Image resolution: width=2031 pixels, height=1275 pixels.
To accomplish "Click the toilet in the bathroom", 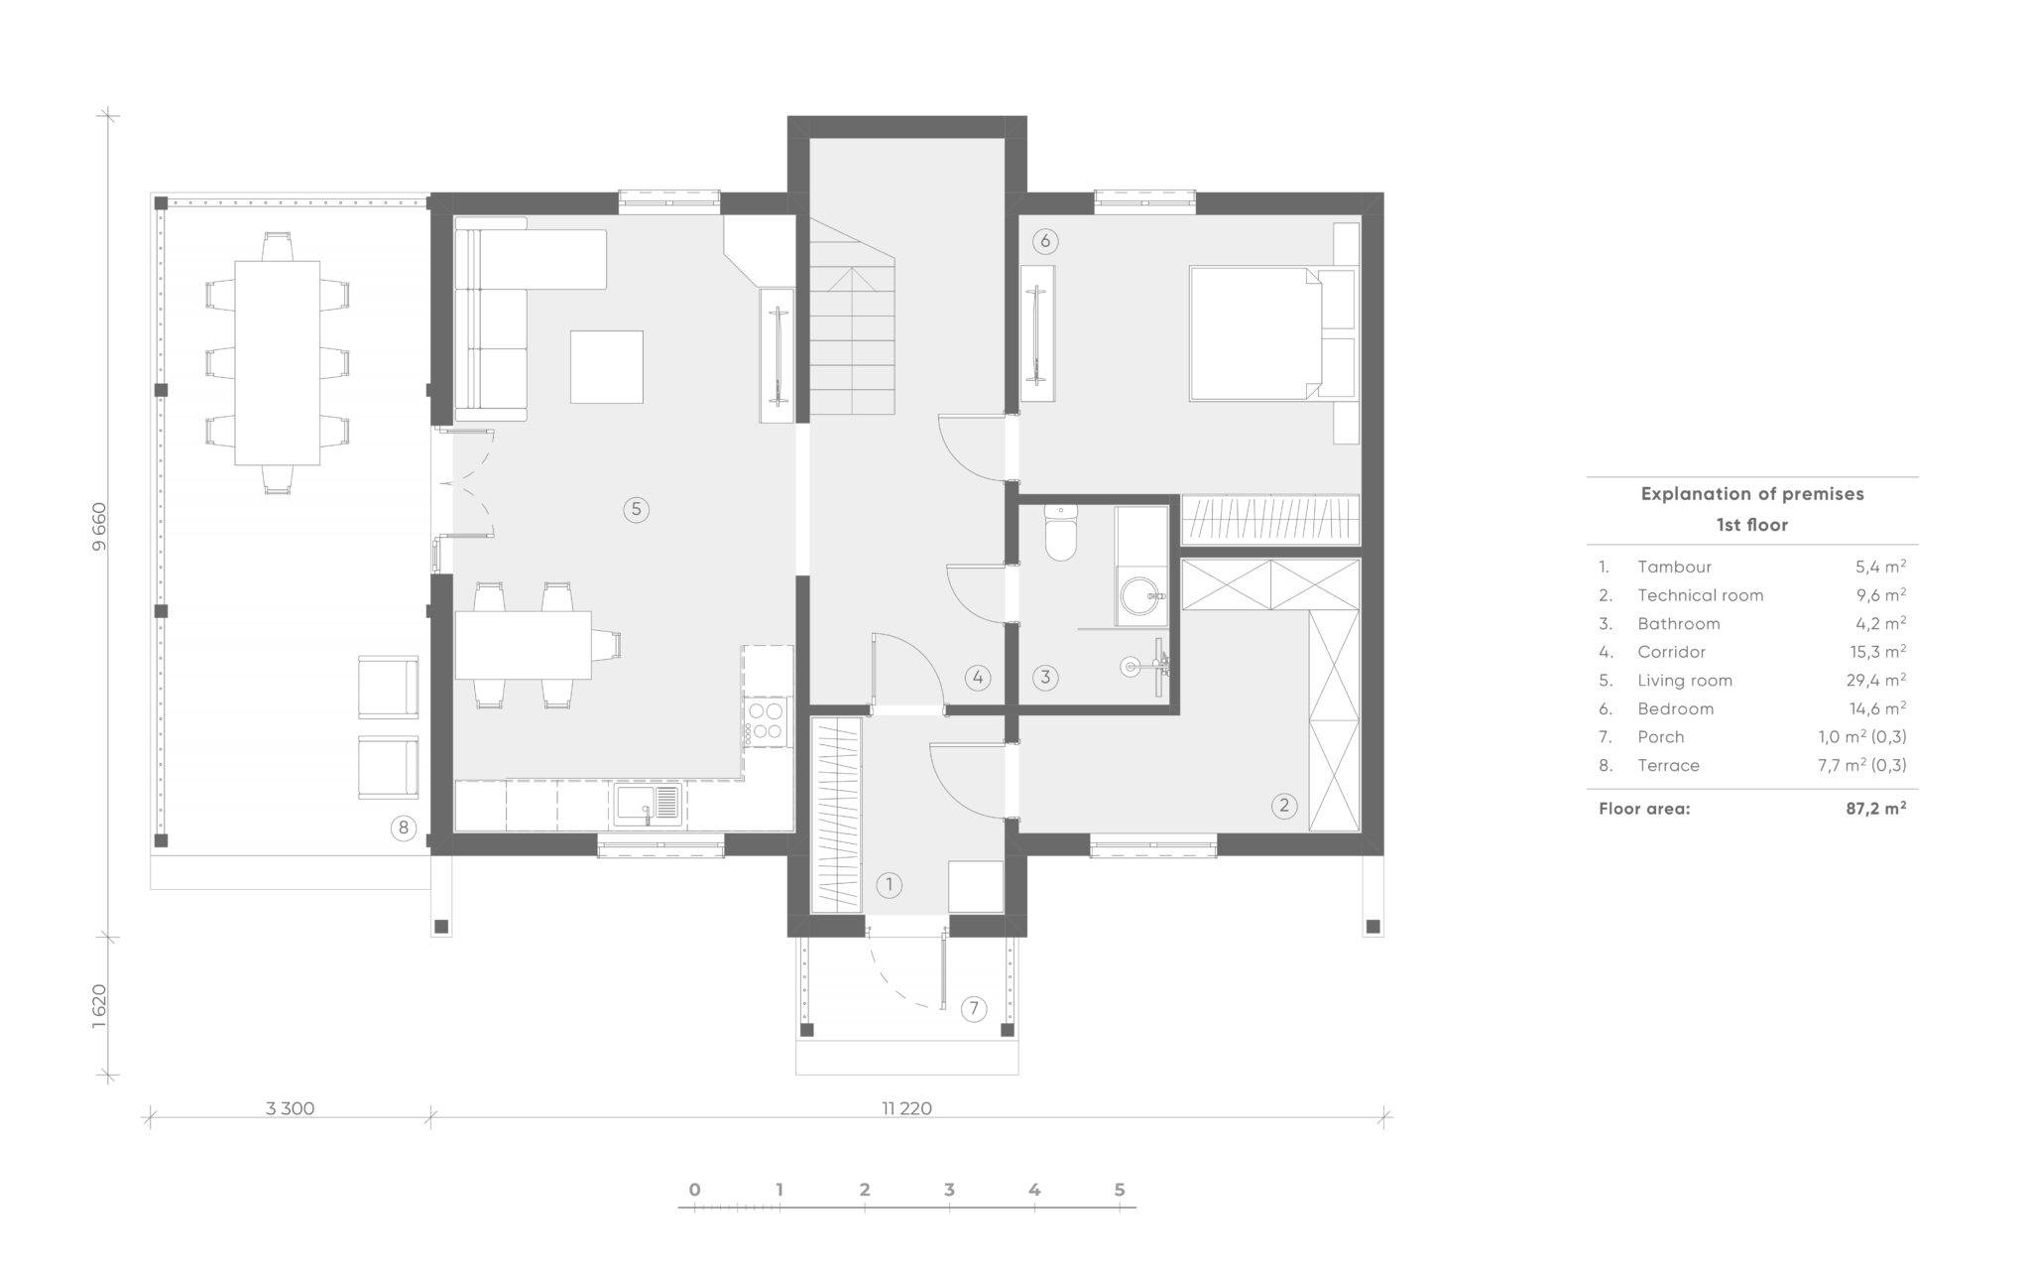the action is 1061,532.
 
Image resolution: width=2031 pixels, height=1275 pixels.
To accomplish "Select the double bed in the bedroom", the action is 1256,333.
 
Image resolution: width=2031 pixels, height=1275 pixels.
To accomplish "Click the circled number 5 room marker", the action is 636,510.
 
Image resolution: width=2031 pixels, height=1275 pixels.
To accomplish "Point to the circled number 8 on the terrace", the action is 403,828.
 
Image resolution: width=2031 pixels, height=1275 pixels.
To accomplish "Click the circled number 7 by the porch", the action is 974,1009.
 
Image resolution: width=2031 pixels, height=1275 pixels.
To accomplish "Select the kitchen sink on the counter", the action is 649,805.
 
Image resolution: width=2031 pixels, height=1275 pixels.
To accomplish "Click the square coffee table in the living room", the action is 606,367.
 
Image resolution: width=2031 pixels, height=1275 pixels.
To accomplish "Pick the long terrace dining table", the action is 278,363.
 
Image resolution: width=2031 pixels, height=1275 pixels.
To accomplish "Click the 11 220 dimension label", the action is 906,1108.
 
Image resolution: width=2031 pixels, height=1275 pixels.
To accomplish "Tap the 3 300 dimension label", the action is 290,1108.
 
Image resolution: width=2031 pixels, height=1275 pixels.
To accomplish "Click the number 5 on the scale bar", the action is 1120,1190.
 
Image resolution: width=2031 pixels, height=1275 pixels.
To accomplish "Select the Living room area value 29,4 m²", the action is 1877,680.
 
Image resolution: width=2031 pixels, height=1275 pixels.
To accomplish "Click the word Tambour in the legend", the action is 1674,567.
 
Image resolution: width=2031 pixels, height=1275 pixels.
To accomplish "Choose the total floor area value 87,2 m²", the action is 1875,808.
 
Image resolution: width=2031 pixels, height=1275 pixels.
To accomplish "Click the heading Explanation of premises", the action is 1752,493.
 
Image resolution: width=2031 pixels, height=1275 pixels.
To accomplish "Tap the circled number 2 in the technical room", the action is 1283,805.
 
